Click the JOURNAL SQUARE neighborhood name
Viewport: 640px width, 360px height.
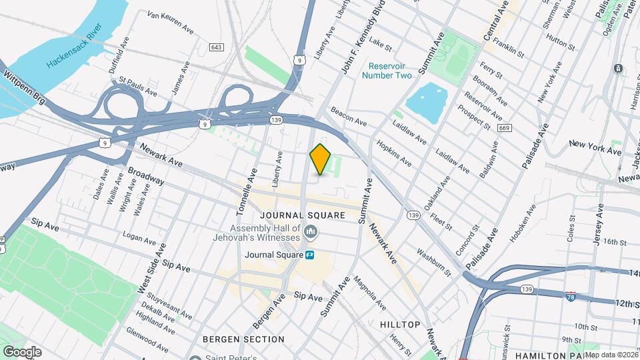click(303, 215)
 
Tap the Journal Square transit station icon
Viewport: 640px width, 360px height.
click(311, 255)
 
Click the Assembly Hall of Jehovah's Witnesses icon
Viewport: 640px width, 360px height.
click(311, 231)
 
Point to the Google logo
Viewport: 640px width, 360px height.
click(22, 351)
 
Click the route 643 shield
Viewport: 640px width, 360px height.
click(215, 47)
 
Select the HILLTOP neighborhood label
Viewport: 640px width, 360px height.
click(400, 325)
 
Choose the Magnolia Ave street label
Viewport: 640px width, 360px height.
click(369, 293)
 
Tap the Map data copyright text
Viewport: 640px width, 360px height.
click(611, 355)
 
